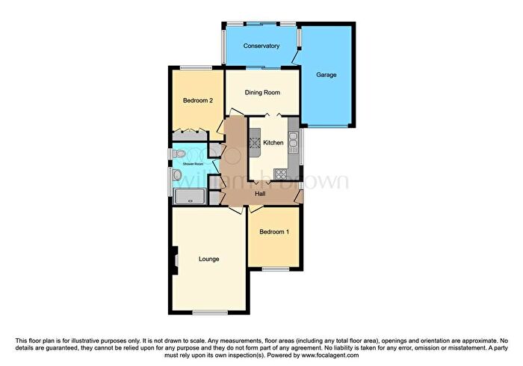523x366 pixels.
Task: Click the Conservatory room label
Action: (261, 46)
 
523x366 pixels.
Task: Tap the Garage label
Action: (326, 75)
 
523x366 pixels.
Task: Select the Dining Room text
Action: (263, 93)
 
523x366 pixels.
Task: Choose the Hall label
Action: (260, 194)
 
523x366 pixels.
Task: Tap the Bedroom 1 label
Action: (274, 232)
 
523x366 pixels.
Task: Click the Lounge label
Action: (208, 259)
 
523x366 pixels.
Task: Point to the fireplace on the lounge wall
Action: (175, 259)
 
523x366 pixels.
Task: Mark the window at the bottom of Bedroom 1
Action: (276, 269)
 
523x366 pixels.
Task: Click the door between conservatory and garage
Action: (297, 56)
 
